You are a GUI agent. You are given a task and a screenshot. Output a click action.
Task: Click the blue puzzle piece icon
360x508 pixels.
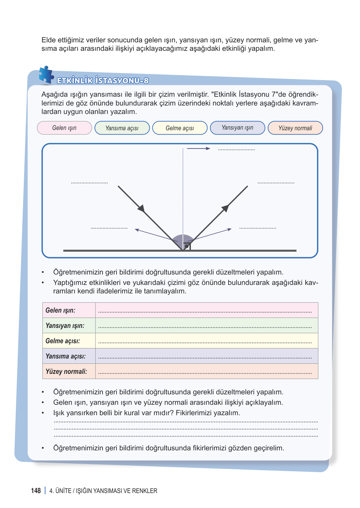46,75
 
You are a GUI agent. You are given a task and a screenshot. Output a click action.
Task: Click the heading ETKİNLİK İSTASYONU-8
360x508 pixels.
103,81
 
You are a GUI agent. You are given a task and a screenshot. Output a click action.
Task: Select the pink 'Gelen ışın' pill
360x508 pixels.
64,128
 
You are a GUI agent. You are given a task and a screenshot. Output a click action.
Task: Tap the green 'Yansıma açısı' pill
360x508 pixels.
122,128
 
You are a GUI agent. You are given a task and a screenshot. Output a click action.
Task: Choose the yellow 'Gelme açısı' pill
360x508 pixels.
180,128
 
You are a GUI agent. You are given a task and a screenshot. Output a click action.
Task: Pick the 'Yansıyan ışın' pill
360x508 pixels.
237,128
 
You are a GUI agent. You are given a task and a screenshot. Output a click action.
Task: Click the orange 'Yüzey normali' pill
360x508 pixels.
295,128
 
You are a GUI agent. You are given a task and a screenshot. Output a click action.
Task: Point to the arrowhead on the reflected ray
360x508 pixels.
225,208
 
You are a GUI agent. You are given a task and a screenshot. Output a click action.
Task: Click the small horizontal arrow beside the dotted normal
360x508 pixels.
199,148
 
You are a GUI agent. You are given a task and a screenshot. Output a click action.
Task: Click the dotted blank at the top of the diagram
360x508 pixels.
236,149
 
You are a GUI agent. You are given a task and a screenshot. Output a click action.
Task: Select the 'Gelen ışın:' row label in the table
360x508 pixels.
61,310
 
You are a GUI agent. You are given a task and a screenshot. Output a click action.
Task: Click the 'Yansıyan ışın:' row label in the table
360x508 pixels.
65,326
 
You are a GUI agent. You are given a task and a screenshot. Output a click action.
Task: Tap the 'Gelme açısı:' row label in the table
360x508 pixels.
63,341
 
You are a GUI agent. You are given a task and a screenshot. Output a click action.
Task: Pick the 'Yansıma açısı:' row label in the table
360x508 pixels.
66,356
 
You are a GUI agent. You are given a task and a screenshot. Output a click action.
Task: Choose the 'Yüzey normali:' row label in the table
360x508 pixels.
66,372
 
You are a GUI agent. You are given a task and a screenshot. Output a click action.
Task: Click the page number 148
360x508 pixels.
36,491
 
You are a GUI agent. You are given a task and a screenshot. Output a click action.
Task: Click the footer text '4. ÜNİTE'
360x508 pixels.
60,491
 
